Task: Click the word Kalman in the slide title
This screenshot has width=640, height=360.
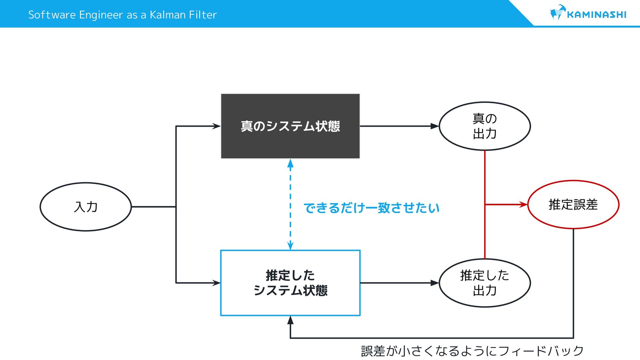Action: click(168, 15)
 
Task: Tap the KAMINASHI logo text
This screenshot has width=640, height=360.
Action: click(596, 15)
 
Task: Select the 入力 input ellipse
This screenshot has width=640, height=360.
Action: click(86, 207)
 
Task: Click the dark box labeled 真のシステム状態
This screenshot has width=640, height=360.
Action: click(290, 126)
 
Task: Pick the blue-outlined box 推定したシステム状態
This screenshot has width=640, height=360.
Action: click(290, 283)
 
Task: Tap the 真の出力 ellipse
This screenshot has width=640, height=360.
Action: click(485, 126)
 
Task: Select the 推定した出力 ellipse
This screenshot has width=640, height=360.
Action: click(485, 283)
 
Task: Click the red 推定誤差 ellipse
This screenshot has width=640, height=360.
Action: click(573, 204)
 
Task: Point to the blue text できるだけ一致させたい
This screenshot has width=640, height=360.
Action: click(372, 208)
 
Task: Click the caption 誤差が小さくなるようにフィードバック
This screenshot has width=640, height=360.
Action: click(472, 351)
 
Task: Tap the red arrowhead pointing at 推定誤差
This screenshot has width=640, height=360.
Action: click(524, 204)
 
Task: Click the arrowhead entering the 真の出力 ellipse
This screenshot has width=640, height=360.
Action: click(435, 126)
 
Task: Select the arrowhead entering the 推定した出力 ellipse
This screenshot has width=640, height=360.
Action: click(435, 283)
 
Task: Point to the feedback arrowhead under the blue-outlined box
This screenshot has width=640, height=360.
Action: click(290, 320)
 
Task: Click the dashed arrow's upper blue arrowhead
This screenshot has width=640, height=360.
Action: click(290, 163)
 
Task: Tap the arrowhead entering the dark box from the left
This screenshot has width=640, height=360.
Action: click(216, 126)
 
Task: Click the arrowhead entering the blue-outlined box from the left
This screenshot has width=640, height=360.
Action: click(216, 283)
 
